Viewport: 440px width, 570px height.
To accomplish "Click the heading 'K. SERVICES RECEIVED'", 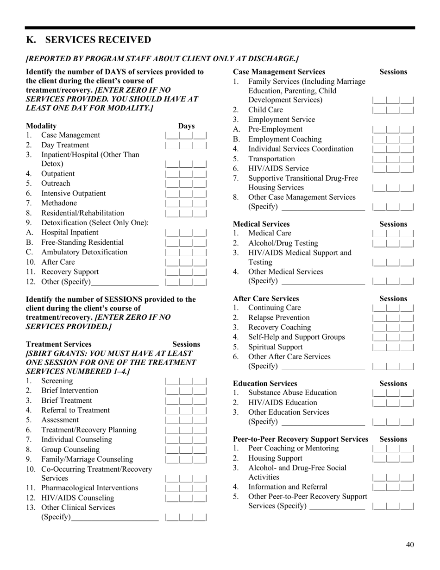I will (88, 40).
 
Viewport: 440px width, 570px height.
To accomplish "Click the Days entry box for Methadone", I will (186, 203).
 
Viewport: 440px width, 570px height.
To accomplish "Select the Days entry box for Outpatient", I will (186, 174).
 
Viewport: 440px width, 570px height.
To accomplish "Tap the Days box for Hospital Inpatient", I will (186, 233).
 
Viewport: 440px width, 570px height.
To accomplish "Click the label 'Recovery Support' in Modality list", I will (70, 272).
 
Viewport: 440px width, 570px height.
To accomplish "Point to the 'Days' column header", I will (187, 126).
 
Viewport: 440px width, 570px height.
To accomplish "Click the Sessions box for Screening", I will (186, 381).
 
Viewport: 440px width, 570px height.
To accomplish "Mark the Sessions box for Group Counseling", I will (186, 450).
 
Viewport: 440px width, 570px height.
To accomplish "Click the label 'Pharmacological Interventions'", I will (90, 488).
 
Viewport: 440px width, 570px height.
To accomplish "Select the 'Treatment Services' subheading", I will (59, 344).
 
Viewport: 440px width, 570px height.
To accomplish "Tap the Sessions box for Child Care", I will (393, 110).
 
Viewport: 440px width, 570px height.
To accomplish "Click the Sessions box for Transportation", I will (393, 159).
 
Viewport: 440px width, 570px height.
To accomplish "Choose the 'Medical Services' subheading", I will (261, 224).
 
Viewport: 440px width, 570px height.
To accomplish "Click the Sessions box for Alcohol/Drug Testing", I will (393, 243).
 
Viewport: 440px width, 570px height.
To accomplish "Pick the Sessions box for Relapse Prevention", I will (393, 318).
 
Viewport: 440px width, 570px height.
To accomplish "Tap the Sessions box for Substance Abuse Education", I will (393, 393).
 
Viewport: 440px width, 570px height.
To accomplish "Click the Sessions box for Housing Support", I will (393, 458).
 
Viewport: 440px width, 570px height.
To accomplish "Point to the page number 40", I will (410, 545).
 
